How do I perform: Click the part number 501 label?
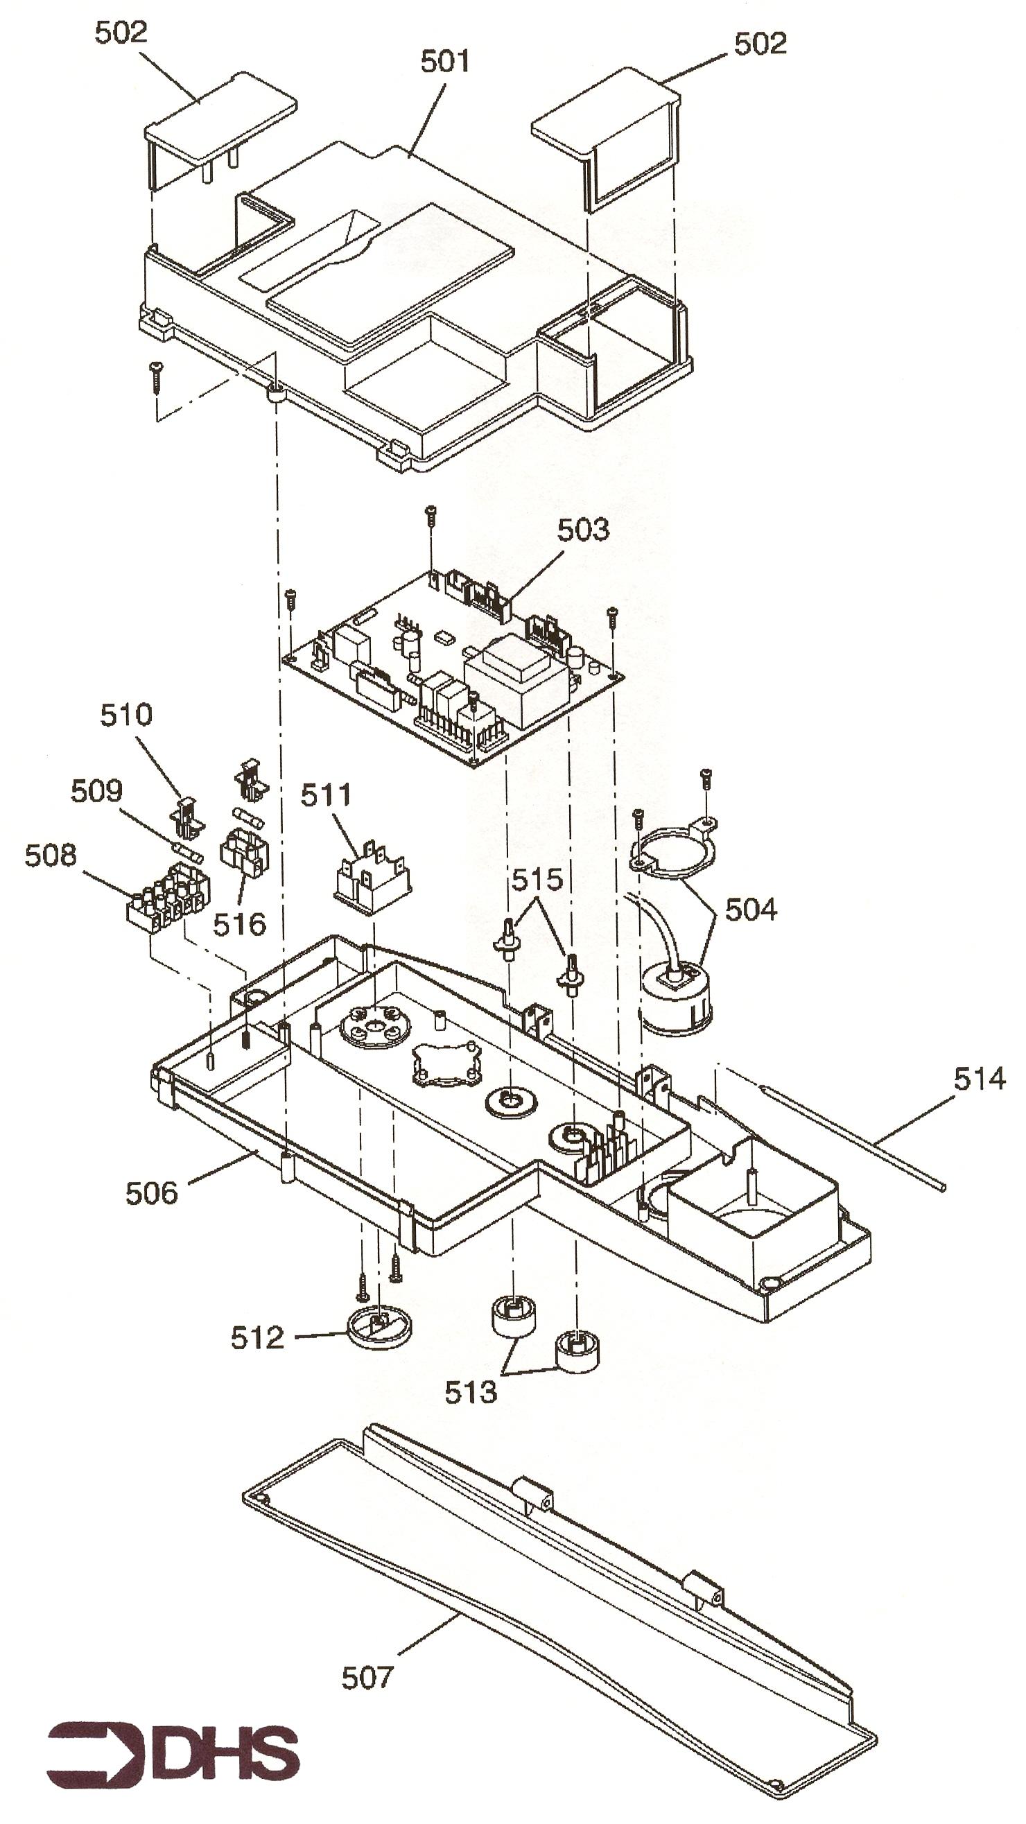tap(444, 62)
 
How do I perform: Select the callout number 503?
tap(583, 530)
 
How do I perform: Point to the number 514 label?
tap(980, 1079)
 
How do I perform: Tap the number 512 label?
tap(257, 1337)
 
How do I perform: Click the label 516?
tap(239, 924)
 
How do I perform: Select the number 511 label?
tap(326, 795)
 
